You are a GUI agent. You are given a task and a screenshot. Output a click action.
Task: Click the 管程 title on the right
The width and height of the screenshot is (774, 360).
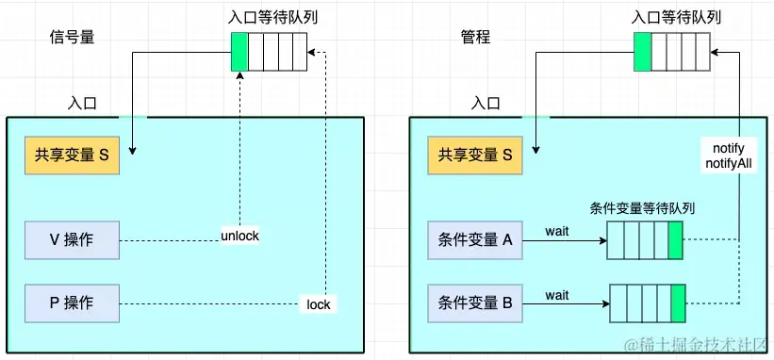pyautogui.click(x=475, y=38)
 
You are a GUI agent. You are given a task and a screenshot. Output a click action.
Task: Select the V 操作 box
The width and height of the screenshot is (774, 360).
pyautogui.click(x=73, y=240)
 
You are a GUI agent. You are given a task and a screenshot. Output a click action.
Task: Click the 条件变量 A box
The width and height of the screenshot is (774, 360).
pyautogui.click(x=475, y=240)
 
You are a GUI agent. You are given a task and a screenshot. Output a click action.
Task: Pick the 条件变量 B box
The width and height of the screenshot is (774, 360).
pyautogui.click(x=475, y=303)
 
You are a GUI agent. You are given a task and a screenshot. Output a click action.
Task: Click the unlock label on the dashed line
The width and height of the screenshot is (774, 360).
pyautogui.click(x=239, y=235)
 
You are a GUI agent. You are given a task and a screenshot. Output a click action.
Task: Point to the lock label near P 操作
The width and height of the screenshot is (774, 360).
pyautogui.click(x=319, y=304)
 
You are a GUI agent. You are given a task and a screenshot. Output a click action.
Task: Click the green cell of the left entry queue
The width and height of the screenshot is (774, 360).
pyautogui.click(x=239, y=52)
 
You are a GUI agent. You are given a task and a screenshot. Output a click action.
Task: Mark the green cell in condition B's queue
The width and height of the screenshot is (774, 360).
pyautogui.click(x=678, y=304)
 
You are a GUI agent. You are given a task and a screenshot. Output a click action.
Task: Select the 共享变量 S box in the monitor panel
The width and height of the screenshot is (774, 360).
pyautogui.click(x=475, y=156)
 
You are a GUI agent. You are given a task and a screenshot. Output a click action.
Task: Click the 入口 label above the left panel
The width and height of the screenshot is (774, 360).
pyautogui.click(x=83, y=102)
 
